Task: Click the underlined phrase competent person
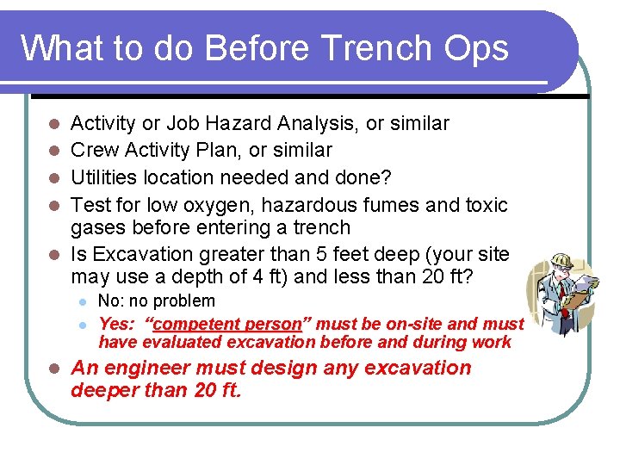(x=227, y=325)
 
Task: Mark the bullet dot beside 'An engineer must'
(x=53, y=369)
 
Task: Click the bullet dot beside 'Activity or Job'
(x=53, y=124)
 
